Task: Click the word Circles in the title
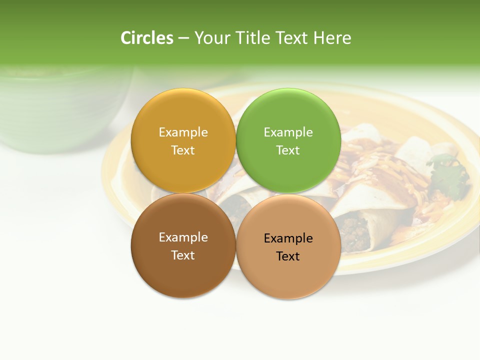[146, 38]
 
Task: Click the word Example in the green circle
[288, 132]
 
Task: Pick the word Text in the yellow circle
[183, 150]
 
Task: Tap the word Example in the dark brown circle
[183, 237]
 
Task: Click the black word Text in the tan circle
[288, 256]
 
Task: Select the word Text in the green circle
[288, 150]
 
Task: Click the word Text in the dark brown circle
[183, 255]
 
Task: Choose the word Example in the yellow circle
[183, 132]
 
